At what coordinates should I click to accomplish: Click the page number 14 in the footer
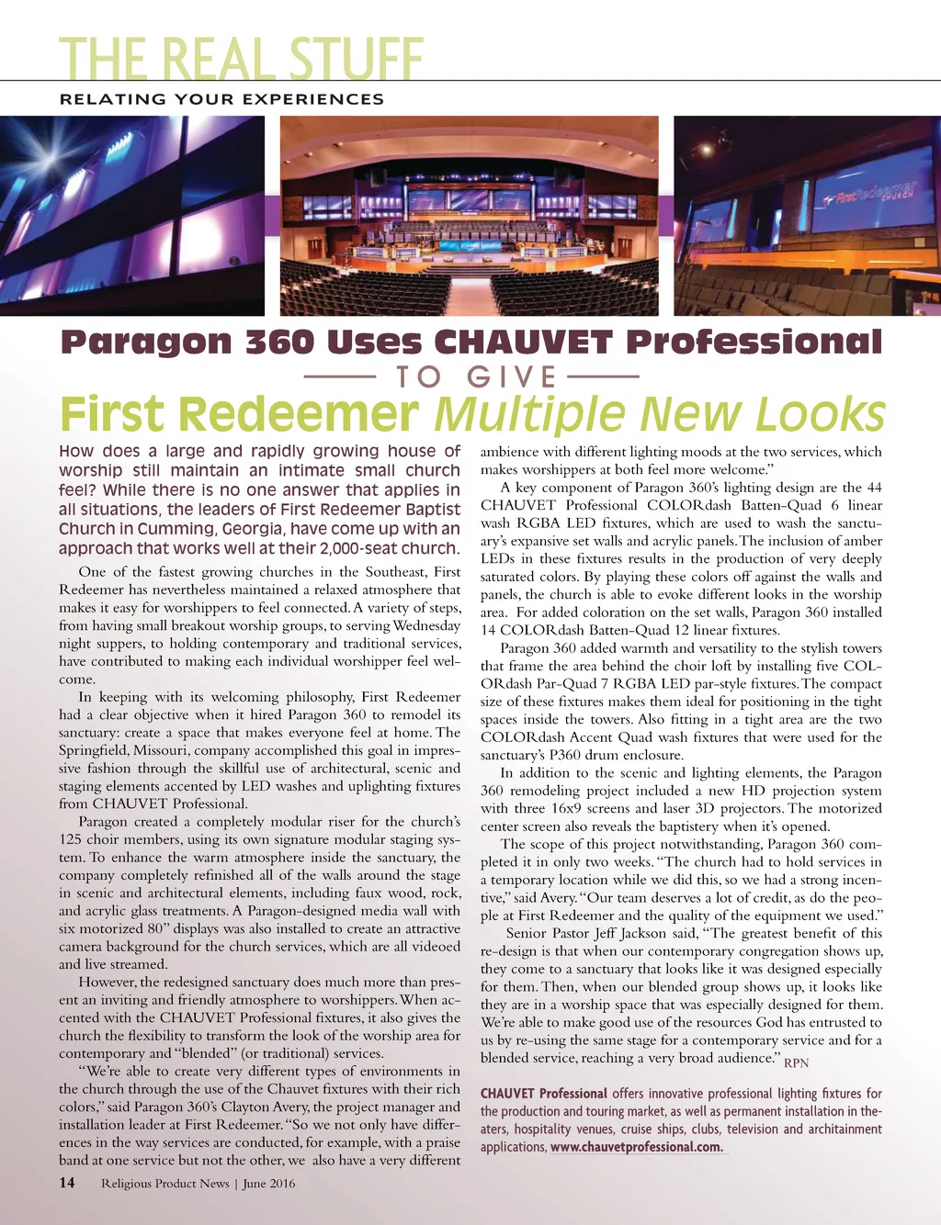(x=67, y=1183)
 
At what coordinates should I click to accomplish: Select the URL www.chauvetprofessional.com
(x=636, y=1147)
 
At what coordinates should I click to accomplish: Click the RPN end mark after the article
(x=796, y=1063)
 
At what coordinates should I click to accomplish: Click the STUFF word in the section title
(x=356, y=59)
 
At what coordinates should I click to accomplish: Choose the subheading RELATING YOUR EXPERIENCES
(x=221, y=99)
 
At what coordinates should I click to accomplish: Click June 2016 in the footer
(x=269, y=1183)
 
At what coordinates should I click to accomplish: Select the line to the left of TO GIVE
(x=339, y=376)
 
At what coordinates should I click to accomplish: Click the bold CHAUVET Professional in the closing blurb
(x=544, y=1094)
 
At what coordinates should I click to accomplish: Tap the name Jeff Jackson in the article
(x=629, y=933)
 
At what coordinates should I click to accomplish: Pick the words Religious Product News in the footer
(x=165, y=1183)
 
